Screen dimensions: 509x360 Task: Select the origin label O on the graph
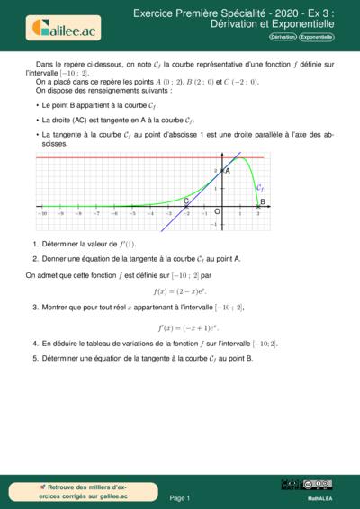[x=216, y=211]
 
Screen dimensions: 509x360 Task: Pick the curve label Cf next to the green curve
[x=260, y=188]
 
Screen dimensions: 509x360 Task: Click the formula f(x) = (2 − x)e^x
[x=180, y=290]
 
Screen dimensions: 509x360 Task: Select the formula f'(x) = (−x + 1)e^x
[x=180, y=327]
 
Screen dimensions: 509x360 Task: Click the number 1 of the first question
[x=34, y=244]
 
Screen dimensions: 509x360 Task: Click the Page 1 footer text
[x=180, y=497]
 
